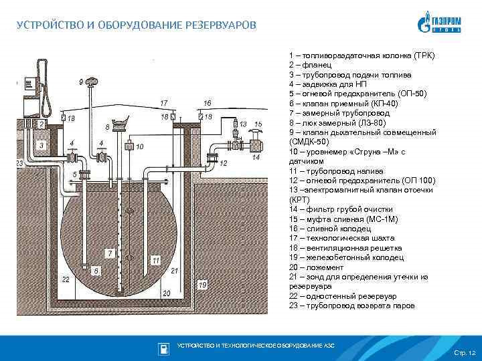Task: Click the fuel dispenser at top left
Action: point(33,84)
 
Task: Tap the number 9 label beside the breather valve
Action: point(82,82)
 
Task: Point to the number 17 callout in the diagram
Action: point(163,103)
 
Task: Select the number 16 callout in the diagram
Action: point(207,103)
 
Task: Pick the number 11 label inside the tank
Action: point(155,259)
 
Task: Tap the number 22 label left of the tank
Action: point(66,279)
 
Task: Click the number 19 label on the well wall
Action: point(202,285)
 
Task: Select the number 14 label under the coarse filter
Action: point(255,158)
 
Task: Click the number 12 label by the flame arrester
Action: point(223,163)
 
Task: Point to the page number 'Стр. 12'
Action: point(464,352)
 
